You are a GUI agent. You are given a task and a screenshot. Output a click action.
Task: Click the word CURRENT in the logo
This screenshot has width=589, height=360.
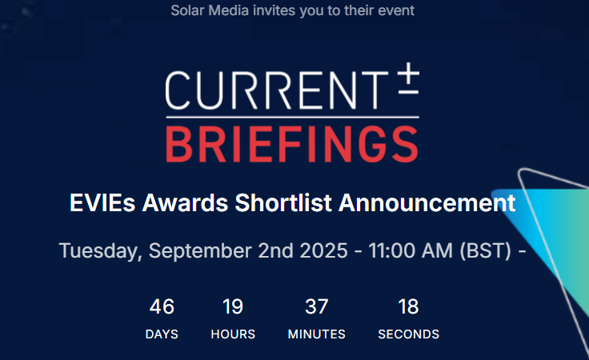[x=277, y=90]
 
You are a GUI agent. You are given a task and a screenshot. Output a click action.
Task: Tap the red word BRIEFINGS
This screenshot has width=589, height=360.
[x=292, y=145]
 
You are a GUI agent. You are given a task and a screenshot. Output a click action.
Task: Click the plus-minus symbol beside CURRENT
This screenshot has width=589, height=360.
[x=408, y=78]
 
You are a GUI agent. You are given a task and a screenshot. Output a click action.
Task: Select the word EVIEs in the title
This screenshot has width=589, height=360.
[x=102, y=203]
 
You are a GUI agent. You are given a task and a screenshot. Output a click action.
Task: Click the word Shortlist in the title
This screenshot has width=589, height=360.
[x=283, y=203]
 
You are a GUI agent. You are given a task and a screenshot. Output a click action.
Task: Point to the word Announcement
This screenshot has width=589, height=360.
[x=427, y=203]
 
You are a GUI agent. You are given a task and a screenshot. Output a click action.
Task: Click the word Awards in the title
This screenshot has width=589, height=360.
[x=185, y=203]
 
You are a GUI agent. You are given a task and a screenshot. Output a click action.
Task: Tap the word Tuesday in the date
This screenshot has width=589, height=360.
[x=100, y=250]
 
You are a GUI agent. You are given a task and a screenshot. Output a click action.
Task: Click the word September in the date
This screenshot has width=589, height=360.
[x=200, y=250]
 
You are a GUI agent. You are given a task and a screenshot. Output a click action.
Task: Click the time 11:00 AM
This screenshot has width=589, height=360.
[x=411, y=250]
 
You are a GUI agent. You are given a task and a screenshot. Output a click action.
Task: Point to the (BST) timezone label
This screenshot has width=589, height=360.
[x=486, y=250]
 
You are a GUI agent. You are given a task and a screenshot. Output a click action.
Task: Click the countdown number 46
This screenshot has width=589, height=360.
[x=162, y=306]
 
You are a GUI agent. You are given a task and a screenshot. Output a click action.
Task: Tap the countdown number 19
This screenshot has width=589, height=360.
[x=233, y=306]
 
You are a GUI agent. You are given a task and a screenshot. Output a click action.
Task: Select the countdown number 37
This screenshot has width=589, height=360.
[x=317, y=306]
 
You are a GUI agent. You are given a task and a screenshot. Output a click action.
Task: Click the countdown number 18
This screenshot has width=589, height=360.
[x=409, y=306]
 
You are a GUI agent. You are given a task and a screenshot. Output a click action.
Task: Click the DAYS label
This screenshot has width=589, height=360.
[x=162, y=334]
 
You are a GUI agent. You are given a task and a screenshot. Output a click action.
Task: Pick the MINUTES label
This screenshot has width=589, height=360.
[x=317, y=334]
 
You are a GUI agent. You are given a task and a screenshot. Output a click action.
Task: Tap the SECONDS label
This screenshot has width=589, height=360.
[x=409, y=334]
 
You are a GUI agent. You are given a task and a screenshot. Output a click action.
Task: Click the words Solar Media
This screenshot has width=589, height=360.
[x=210, y=10]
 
